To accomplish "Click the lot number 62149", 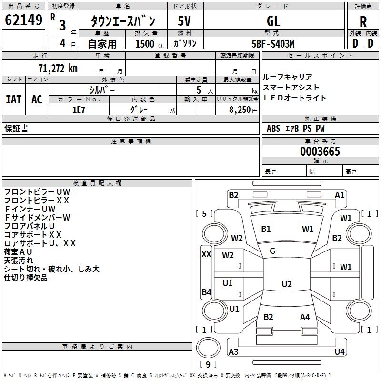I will (x=23, y=21).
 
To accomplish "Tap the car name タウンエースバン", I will (x=123, y=21).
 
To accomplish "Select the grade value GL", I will (x=273, y=21).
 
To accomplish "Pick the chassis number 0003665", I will (x=320, y=151).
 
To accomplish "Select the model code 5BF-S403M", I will (x=273, y=43).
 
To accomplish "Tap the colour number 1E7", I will (x=79, y=109).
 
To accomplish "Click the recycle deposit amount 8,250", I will (x=240, y=110).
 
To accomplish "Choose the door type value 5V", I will (x=185, y=21).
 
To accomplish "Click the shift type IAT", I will (x=13, y=100).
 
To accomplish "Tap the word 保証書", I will (x=16, y=128).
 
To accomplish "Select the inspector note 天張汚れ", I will (x=19, y=261).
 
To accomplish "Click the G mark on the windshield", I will (x=272, y=251).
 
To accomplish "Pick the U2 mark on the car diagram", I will (x=286, y=284).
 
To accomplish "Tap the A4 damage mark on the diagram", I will (x=305, y=317).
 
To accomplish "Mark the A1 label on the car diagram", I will (x=340, y=195).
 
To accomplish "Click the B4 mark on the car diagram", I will (x=206, y=292).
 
